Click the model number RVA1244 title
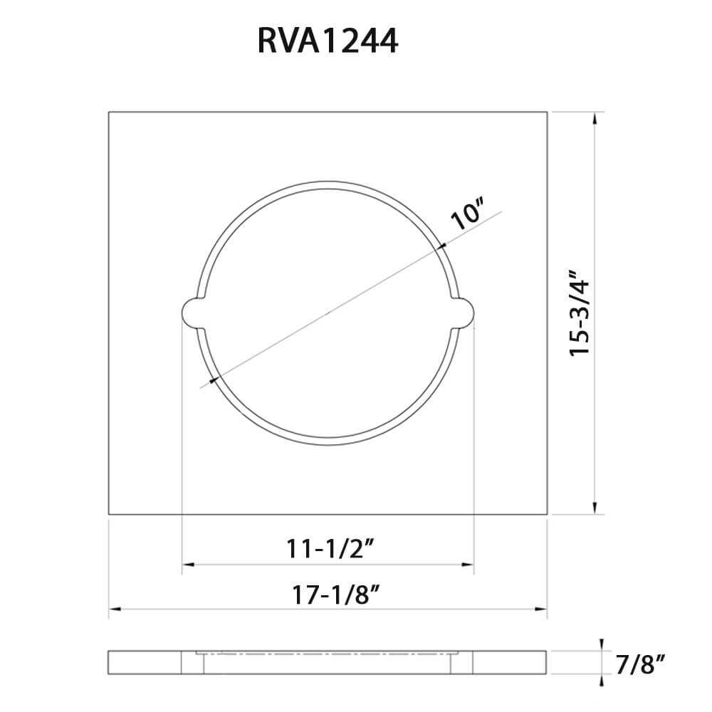(328, 42)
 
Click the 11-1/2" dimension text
(330, 548)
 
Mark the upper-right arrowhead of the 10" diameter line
(444, 246)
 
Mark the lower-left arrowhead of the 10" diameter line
(213, 379)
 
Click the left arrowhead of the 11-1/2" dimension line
(187, 565)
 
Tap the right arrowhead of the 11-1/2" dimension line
(468, 565)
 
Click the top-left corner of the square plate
(109, 112)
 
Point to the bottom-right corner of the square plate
(547, 513)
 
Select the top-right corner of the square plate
(547, 112)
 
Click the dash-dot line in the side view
(328, 652)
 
